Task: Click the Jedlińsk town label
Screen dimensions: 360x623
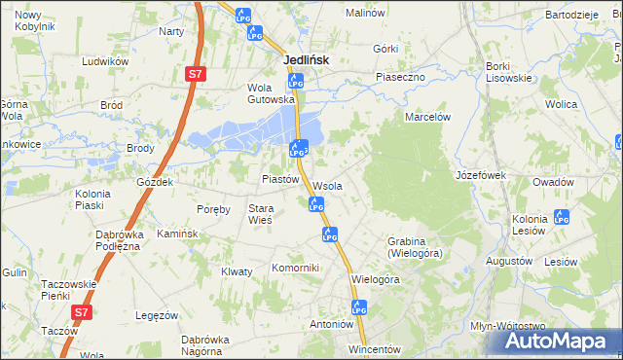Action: point(306,59)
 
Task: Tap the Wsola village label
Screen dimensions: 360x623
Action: point(327,186)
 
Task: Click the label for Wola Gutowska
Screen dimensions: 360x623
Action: point(271,92)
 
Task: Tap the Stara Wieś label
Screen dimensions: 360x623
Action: point(260,214)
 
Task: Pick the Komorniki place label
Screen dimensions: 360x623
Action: point(295,268)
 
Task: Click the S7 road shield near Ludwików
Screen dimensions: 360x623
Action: point(196,74)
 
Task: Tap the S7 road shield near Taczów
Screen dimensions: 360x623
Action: point(83,312)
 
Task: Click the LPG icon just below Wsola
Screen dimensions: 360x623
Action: point(315,204)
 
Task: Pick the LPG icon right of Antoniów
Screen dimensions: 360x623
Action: point(360,307)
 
